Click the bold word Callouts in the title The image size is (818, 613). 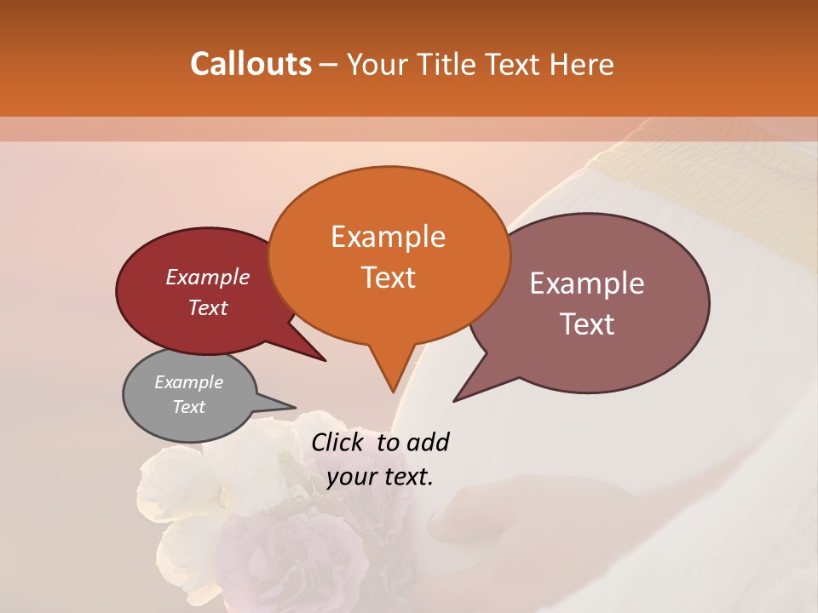251,64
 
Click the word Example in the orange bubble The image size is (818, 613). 388,237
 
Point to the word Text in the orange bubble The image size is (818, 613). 388,278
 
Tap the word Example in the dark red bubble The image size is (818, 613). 207,278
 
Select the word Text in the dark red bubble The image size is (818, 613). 207,307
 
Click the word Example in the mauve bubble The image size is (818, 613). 587,284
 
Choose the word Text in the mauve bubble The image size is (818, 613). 588,324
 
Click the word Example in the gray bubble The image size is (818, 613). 188,382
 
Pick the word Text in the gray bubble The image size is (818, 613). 188,407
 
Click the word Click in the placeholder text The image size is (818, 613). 340,442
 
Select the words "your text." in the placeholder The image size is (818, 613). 379,477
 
